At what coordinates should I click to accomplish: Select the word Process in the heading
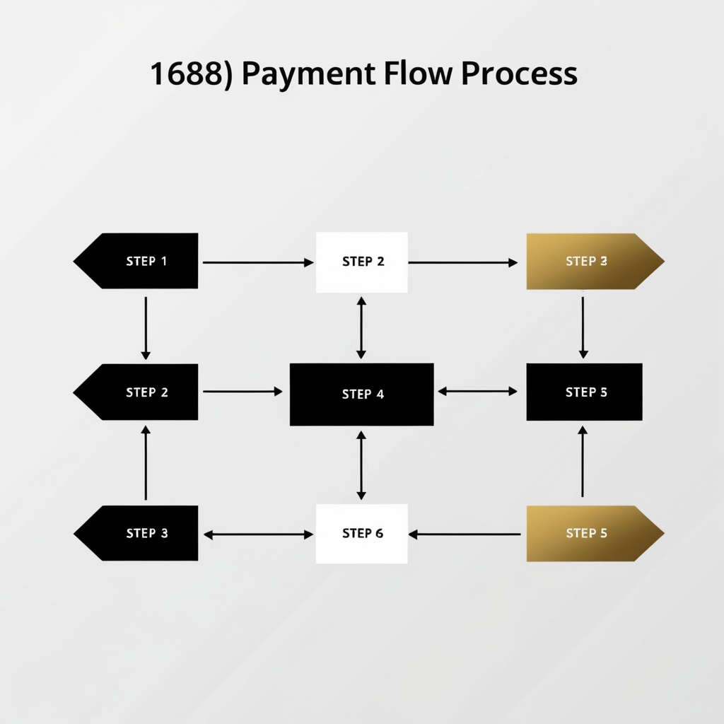[518, 74]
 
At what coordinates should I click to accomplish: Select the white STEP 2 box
[362, 262]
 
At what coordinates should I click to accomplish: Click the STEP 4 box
[362, 395]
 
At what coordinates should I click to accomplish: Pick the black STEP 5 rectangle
[584, 392]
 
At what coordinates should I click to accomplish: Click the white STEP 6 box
[362, 533]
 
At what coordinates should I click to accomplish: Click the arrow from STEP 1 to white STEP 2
[257, 262]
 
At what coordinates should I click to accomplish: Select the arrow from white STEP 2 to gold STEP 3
[463, 262]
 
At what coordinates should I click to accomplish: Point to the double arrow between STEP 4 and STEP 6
[361, 465]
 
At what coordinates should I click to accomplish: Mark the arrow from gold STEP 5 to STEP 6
[465, 535]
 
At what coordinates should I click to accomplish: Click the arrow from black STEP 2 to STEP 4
[243, 391]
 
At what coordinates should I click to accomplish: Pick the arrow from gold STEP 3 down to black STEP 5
[583, 327]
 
